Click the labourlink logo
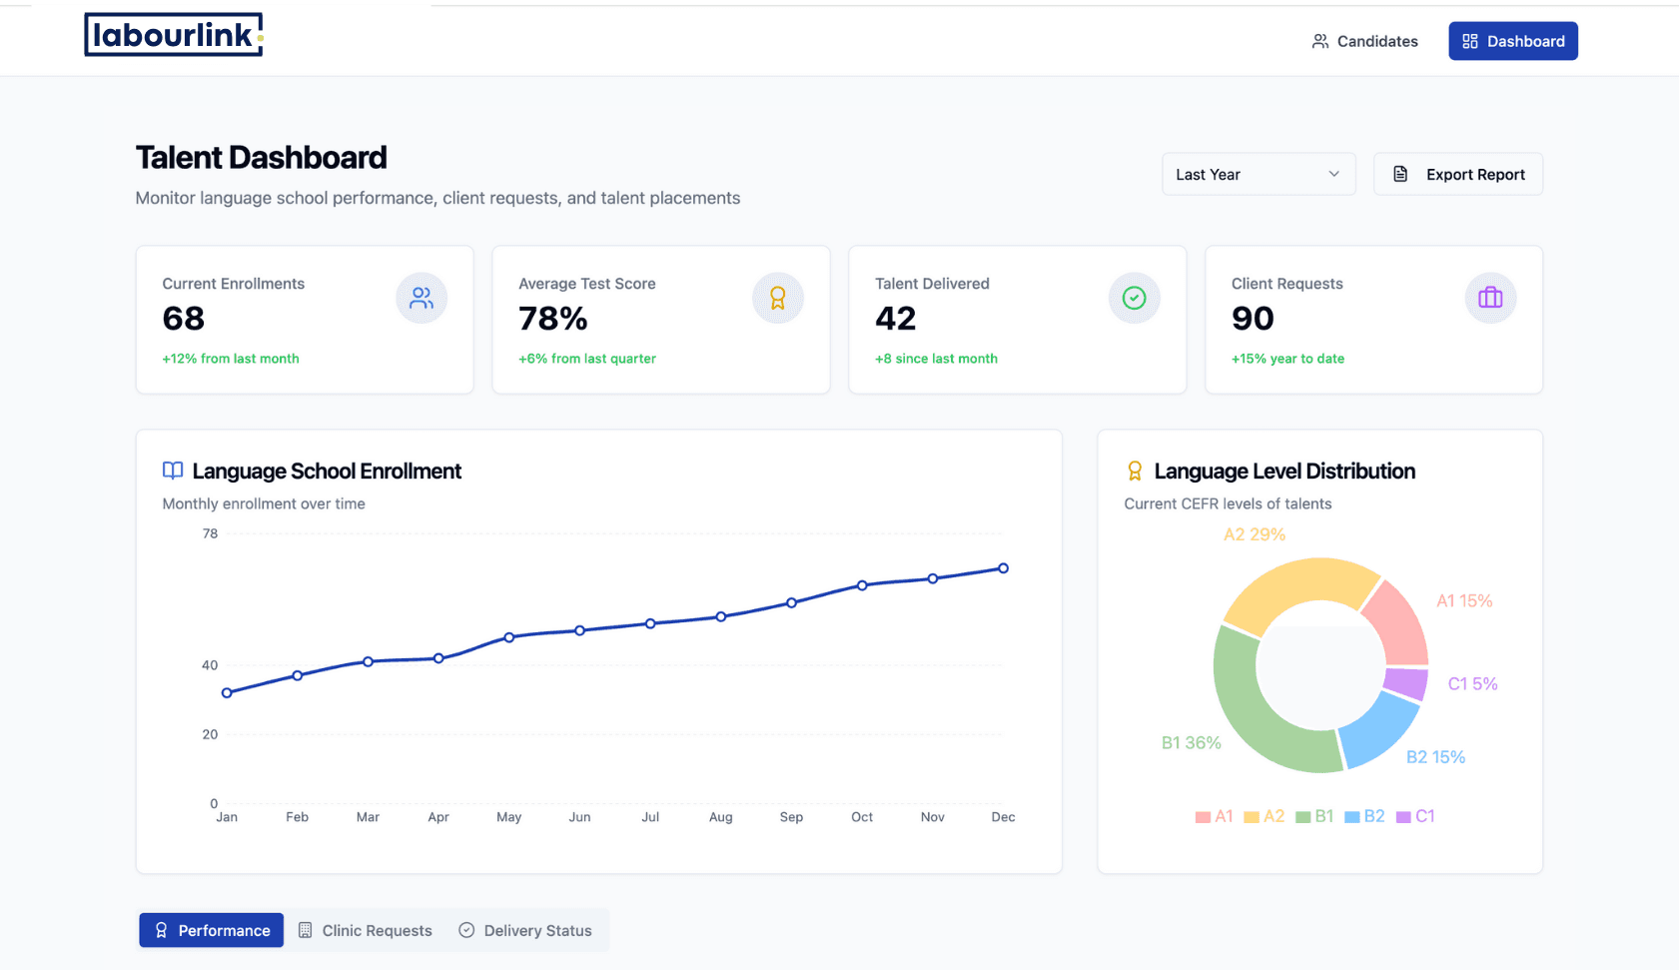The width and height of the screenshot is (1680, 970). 173,35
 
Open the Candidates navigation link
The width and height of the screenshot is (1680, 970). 1365,41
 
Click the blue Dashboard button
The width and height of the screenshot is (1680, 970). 1513,41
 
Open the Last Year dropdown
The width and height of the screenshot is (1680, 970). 1259,174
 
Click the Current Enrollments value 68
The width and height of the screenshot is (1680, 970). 183,318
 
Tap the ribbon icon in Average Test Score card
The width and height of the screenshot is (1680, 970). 778,298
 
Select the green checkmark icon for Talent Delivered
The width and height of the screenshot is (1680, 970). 1134,298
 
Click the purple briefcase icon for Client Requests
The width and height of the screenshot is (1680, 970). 1490,298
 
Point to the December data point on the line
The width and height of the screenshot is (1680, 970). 1004,568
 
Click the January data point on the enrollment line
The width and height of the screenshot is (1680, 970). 228,693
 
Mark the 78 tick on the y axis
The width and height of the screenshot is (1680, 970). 210,533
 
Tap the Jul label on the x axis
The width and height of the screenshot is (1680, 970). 650,817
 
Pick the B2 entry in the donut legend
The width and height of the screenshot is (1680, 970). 1364,816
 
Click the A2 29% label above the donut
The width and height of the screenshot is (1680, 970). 1254,534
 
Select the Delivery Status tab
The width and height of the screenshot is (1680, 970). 525,930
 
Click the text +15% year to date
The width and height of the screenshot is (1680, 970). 1287,359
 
